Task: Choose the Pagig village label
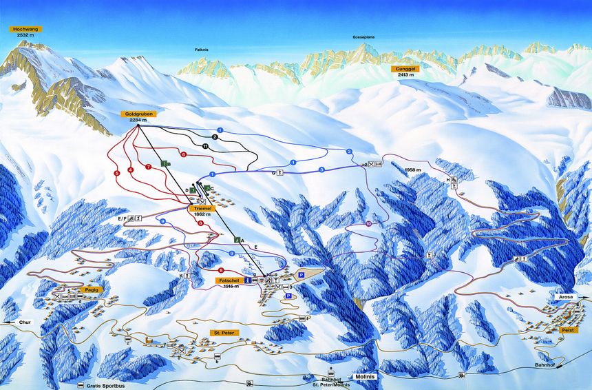click(94, 289)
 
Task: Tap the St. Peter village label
click(224, 333)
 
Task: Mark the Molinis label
click(365, 377)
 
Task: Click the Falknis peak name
click(202, 51)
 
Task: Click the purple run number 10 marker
click(369, 224)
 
